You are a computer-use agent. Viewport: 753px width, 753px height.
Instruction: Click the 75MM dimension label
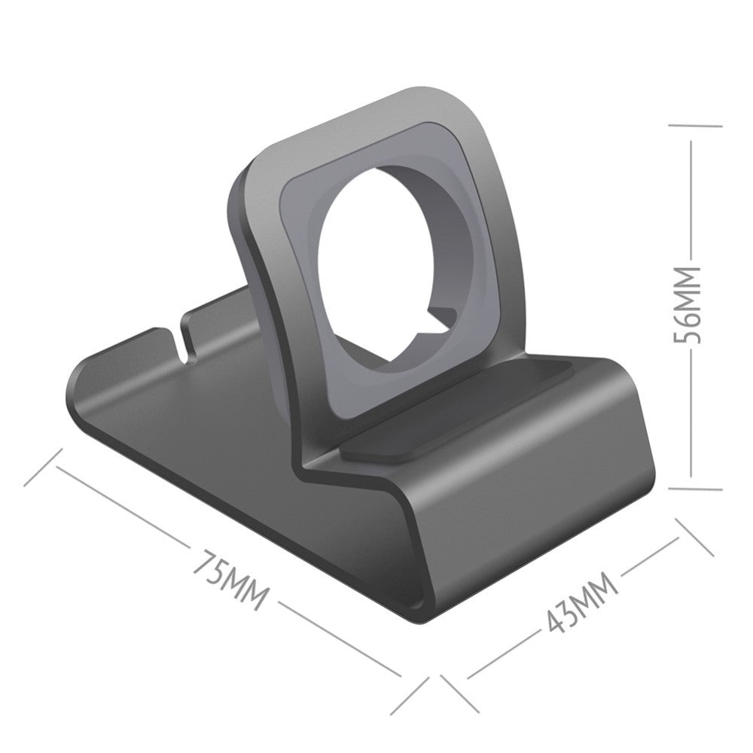pyautogui.click(x=230, y=581)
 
